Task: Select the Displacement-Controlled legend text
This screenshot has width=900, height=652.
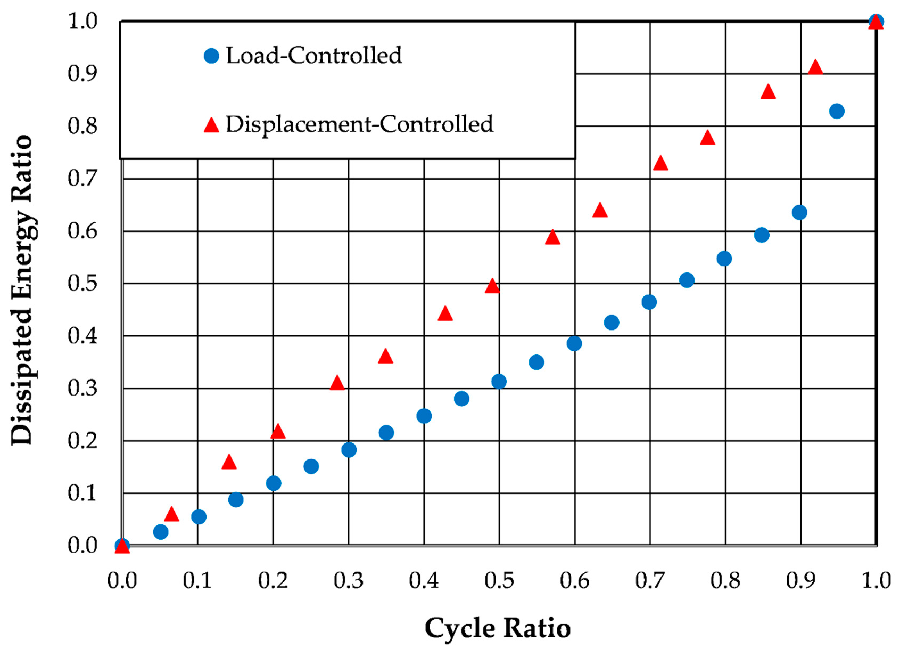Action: [x=359, y=124]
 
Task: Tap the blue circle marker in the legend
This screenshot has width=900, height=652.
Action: [x=212, y=56]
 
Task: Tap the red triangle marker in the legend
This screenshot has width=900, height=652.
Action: [x=212, y=125]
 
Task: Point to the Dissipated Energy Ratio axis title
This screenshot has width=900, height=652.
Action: [x=22, y=290]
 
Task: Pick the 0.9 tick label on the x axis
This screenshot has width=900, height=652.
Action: [x=800, y=581]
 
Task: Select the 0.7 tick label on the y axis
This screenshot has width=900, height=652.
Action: [x=82, y=178]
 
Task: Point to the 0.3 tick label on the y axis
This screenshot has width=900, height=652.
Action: [x=82, y=388]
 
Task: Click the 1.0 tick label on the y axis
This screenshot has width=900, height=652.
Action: [x=82, y=21]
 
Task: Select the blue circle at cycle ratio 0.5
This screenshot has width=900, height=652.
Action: [x=499, y=382]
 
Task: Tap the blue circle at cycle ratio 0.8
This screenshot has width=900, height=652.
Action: [x=724, y=259]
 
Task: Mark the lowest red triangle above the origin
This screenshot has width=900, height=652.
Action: [x=171, y=515]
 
